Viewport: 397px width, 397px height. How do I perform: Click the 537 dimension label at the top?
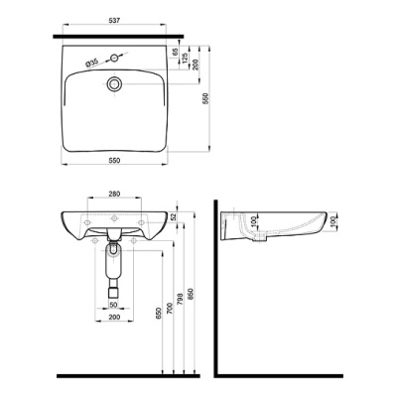(114, 21)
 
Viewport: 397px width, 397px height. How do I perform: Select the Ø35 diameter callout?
(92, 63)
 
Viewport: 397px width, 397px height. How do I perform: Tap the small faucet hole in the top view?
(114, 59)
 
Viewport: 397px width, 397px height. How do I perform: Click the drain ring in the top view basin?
(114, 83)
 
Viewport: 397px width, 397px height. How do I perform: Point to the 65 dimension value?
(176, 52)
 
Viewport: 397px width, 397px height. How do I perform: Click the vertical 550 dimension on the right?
(205, 99)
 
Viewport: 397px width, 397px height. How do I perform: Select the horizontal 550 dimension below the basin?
(114, 160)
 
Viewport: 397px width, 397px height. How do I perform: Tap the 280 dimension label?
(114, 194)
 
